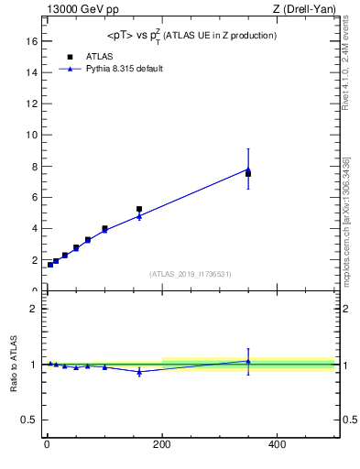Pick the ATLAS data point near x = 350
tap(248, 173)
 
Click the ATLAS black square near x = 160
tap(139, 209)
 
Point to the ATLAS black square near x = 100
tap(104, 228)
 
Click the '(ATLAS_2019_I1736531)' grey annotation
tap(191, 274)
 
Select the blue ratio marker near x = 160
tap(139, 371)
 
